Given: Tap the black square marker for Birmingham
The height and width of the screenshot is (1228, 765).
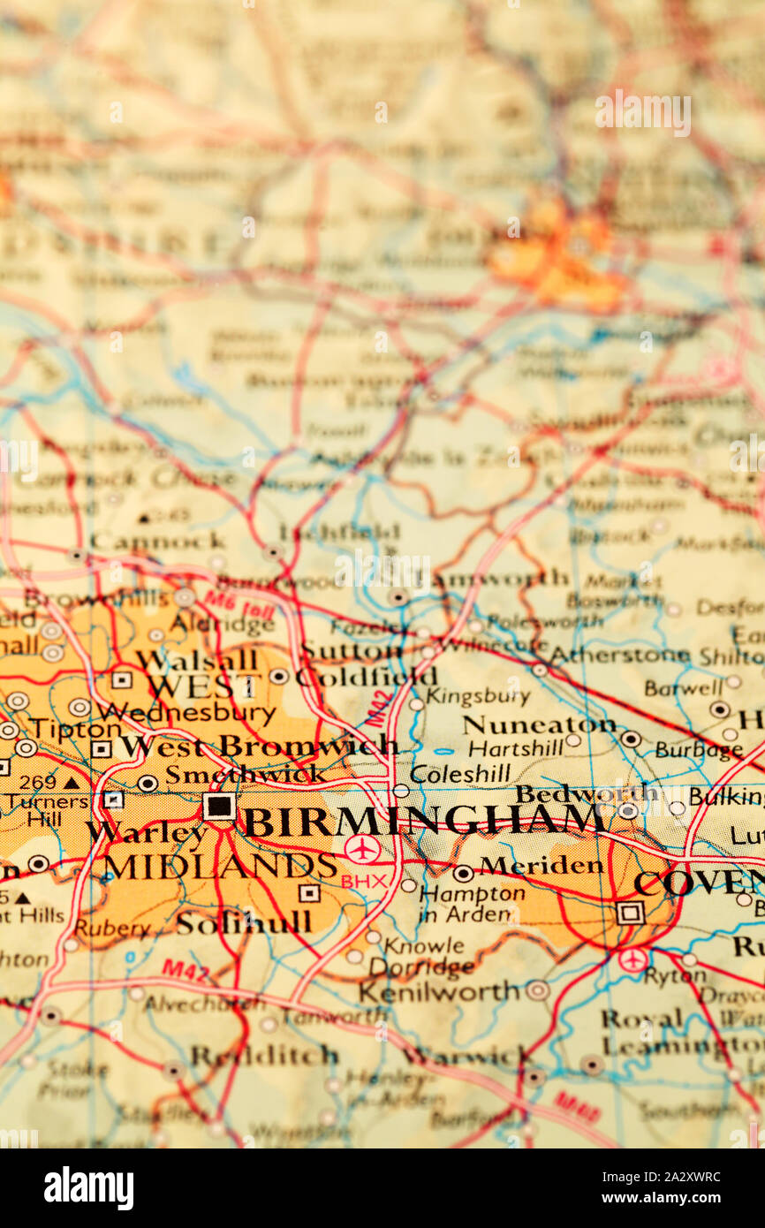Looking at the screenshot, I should click(218, 806).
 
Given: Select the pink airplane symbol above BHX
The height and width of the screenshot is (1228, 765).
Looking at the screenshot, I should click(361, 849).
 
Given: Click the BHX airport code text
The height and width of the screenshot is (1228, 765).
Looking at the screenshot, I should click(363, 882).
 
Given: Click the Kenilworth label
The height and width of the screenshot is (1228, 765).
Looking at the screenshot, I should click(438, 991).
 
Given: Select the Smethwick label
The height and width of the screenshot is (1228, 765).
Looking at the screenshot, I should click(245, 775).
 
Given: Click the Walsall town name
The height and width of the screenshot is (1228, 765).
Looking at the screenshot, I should click(196, 659).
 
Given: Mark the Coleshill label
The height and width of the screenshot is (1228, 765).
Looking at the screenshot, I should click(460, 774).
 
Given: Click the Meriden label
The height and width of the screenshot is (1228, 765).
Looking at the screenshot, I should click(542, 866).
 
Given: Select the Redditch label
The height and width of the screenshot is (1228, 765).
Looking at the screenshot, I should click(264, 1055).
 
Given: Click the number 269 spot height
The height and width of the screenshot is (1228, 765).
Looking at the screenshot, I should click(37, 782).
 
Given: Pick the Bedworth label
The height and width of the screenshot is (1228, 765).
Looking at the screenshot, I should click(587, 793).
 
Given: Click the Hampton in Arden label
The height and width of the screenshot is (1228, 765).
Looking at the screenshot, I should click(472, 903).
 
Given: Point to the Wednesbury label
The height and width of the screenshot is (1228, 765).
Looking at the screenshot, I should click(186, 712).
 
